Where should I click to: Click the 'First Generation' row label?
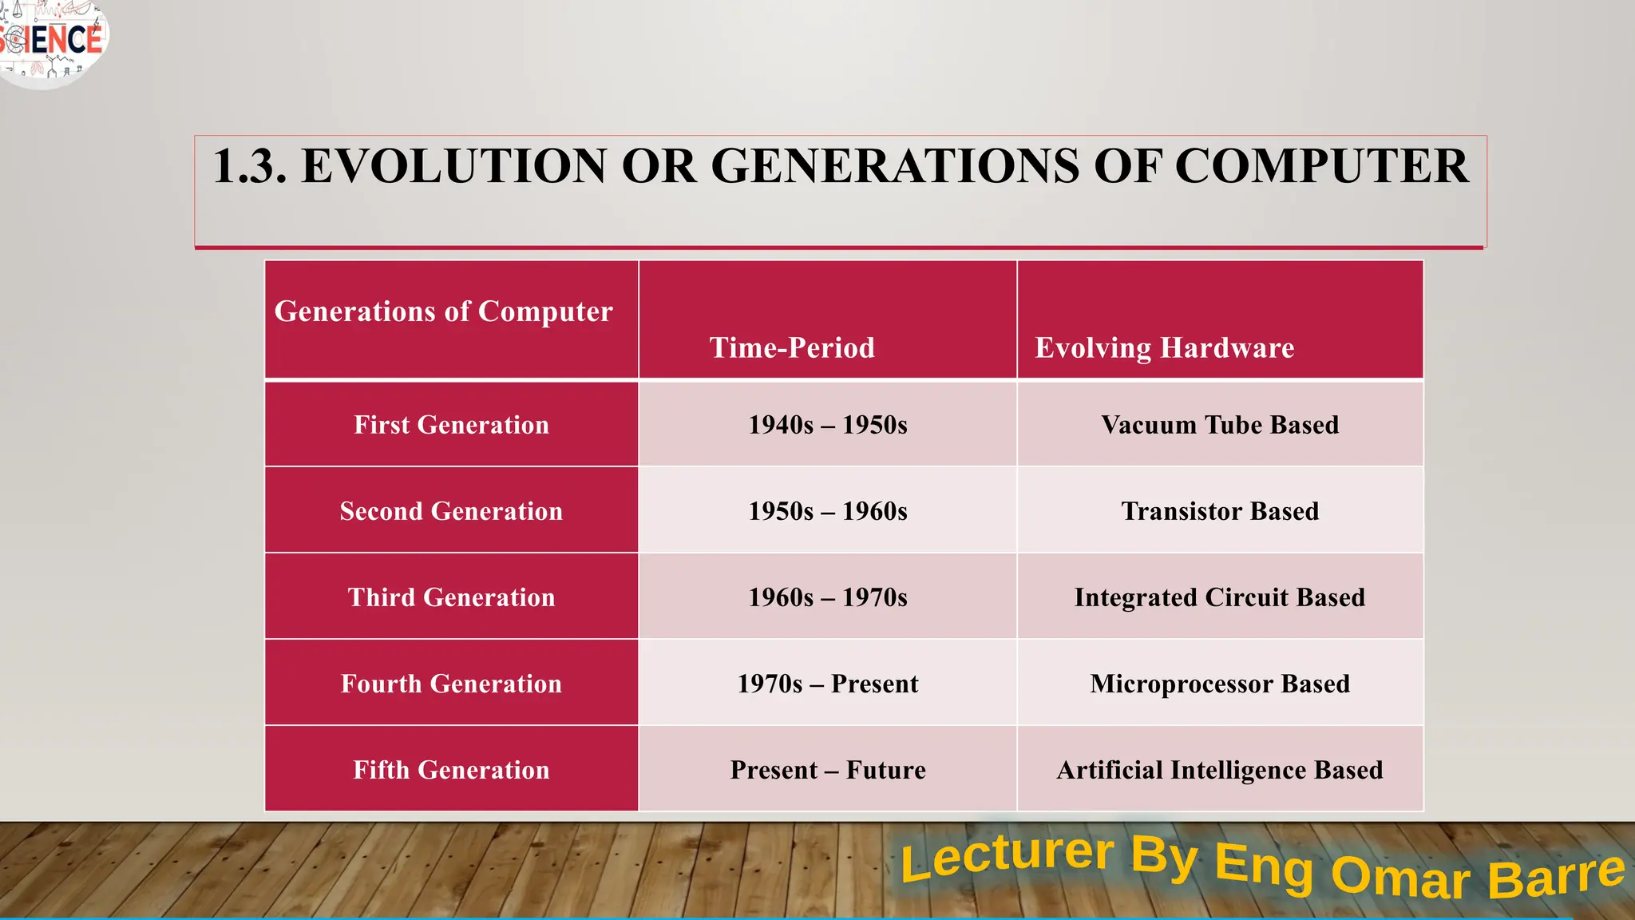[x=451, y=425]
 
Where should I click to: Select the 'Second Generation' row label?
[x=451, y=511]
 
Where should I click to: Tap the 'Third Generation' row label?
[x=451, y=597]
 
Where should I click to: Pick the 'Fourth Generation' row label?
[x=451, y=684]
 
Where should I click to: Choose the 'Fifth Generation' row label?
[x=451, y=770]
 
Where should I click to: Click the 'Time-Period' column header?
[x=792, y=347]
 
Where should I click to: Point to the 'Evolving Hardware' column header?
[x=1164, y=347]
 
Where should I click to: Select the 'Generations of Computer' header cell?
[x=444, y=311]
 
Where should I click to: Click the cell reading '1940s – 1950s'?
[x=828, y=425]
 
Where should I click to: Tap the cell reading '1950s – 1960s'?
[x=828, y=511]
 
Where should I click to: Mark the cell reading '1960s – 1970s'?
[x=828, y=597]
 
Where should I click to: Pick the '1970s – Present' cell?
[x=828, y=684]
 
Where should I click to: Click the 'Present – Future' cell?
[x=828, y=770]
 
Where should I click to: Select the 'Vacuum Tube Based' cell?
[x=1220, y=425]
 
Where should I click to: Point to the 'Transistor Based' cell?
[x=1220, y=511]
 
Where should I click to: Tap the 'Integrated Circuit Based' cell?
[x=1220, y=597]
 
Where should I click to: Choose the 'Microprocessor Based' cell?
[x=1220, y=684]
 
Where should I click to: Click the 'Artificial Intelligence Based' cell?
[x=1220, y=770]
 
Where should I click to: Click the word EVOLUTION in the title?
[x=453, y=166]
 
